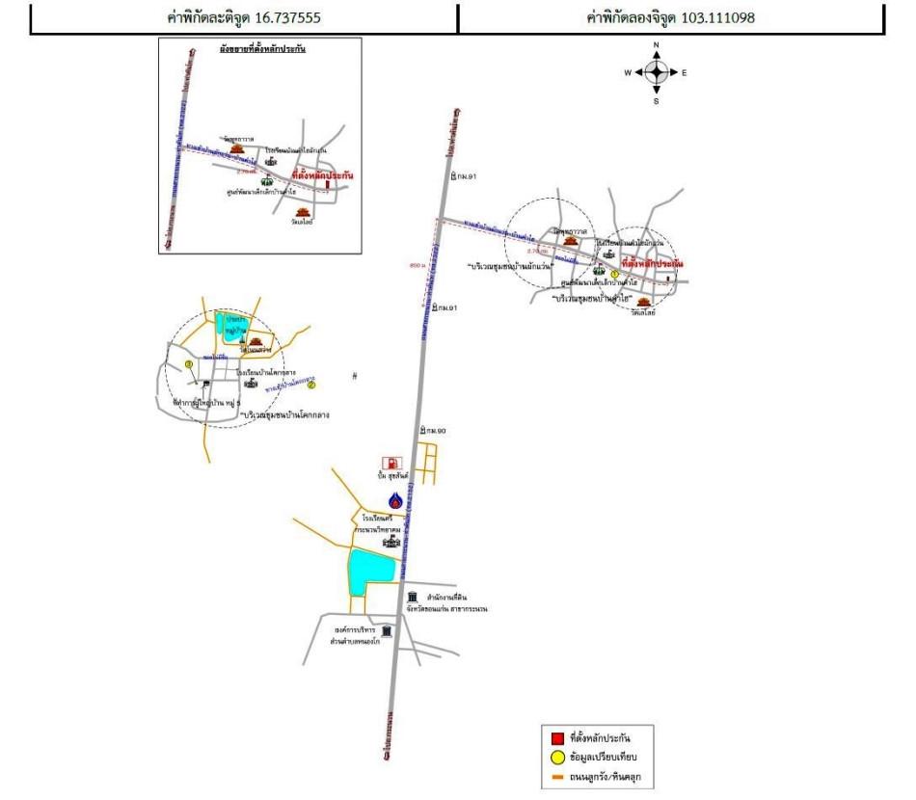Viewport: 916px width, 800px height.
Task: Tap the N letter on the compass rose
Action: pyautogui.click(x=657, y=45)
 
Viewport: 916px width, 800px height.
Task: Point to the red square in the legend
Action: pyautogui.click(x=557, y=739)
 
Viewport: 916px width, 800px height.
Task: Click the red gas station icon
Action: pyautogui.click(x=390, y=464)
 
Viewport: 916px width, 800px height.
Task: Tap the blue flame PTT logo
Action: pyautogui.click(x=394, y=500)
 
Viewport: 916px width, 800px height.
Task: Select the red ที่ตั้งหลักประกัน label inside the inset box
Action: pyautogui.click(x=322, y=177)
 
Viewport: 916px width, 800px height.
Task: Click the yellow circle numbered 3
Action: pyautogui.click(x=189, y=363)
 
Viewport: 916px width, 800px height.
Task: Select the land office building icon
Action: pyautogui.click(x=413, y=598)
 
